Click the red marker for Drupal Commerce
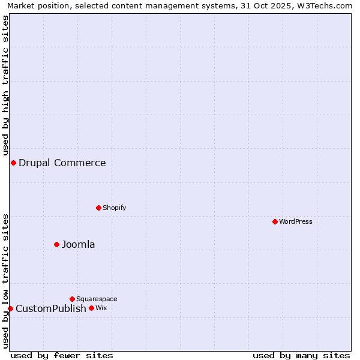point(13,163)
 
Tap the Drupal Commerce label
point(62,163)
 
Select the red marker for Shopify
point(98,208)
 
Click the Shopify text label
point(114,208)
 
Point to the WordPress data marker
point(275,222)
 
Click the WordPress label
point(295,222)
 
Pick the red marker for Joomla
point(57,245)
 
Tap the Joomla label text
point(79,245)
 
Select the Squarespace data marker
point(72,299)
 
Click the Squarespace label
point(97,299)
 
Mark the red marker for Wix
point(91,308)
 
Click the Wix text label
point(101,308)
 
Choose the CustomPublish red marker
point(10,309)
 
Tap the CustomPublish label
point(51,309)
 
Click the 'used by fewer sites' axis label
point(62,356)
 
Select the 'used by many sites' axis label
point(301,356)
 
